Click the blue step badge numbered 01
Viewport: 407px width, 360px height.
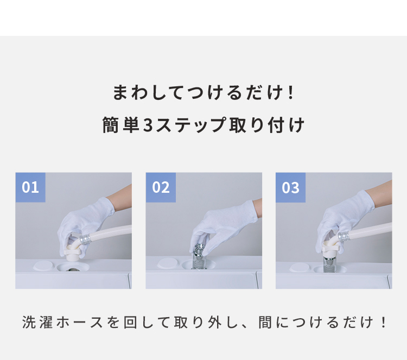click(x=30, y=187)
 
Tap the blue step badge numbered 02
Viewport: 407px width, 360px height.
click(x=161, y=187)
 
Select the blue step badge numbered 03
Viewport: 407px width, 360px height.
click(x=291, y=187)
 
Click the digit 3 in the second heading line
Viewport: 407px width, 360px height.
click(x=149, y=125)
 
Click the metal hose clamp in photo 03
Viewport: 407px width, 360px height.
click(x=344, y=235)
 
